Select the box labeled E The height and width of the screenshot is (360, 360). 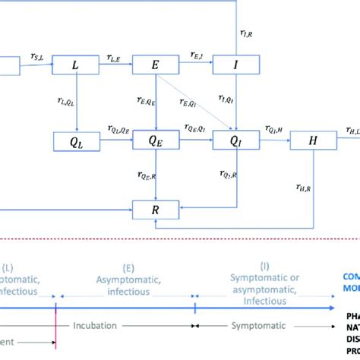click(154, 66)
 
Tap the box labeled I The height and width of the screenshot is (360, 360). click(235, 66)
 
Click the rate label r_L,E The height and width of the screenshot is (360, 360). click(114, 57)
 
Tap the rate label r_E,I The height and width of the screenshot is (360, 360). click(194, 57)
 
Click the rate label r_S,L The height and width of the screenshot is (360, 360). click(36, 57)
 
